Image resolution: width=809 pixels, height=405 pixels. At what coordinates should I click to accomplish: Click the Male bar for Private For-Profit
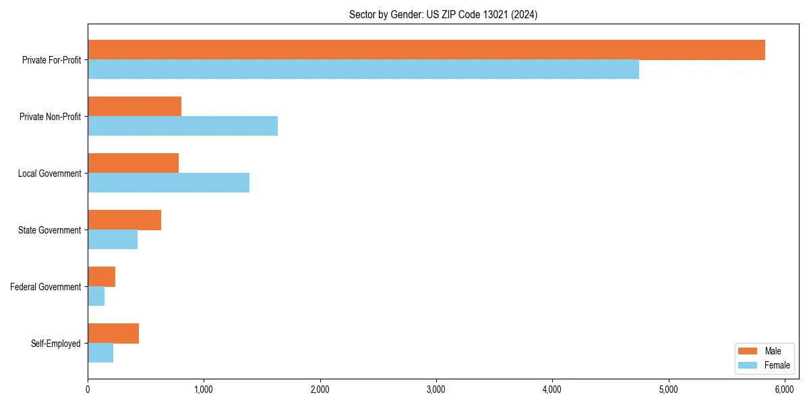click(x=426, y=50)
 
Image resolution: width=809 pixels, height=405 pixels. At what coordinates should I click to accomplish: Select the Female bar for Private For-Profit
click(x=363, y=70)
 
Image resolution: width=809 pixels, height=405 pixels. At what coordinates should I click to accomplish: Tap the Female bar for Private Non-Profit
click(x=183, y=126)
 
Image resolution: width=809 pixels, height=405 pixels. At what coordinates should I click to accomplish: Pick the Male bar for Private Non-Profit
click(x=135, y=107)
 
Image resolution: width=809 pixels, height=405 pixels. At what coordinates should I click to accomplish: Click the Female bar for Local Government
click(x=169, y=183)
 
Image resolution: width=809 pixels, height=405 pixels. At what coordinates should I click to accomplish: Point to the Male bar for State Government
click(x=125, y=220)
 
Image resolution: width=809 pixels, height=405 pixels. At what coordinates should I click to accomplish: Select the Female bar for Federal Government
click(x=96, y=296)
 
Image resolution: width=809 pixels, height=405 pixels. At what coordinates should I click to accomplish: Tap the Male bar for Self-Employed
click(x=113, y=333)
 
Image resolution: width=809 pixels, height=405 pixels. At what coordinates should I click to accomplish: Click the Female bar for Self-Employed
click(x=100, y=353)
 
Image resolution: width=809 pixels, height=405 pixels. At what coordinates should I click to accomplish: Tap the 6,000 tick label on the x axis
click(x=785, y=389)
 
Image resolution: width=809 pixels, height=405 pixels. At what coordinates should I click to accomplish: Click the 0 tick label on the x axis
click(x=88, y=389)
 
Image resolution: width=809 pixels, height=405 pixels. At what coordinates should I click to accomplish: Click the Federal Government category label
click(x=46, y=287)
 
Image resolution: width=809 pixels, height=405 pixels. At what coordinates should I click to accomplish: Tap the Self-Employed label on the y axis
click(x=56, y=344)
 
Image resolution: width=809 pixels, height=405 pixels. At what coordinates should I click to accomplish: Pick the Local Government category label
click(x=50, y=173)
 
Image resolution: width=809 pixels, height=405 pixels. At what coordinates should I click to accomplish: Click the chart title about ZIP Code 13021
click(x=443, y=14)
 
